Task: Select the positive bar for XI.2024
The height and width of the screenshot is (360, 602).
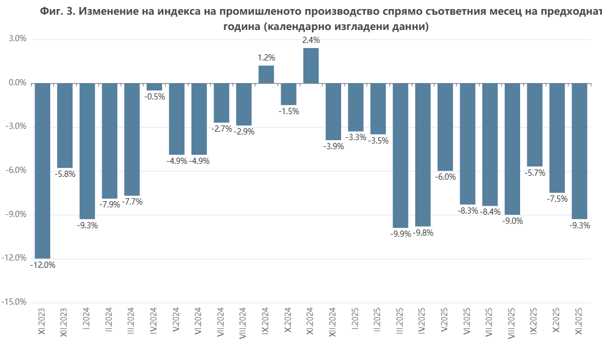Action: point(311,66)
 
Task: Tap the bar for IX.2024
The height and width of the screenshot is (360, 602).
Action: point(267,75)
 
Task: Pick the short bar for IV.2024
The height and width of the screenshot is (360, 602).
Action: point(154,87)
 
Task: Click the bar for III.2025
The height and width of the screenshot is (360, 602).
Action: point(400,155)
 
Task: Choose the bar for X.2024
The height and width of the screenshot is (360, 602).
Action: point(289,94)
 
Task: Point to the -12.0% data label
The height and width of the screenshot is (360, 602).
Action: point(42,264)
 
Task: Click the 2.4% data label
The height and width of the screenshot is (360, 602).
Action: point(311,40)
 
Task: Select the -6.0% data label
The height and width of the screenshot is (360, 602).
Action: point(446,177)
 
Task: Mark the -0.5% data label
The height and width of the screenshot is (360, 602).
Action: point(154,97)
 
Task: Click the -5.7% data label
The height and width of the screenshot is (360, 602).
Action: point(535,173)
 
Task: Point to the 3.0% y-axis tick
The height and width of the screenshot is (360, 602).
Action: point(18,40)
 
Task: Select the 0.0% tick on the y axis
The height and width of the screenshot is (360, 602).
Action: point(18,83)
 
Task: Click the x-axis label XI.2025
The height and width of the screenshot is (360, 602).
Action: point(579,322)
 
